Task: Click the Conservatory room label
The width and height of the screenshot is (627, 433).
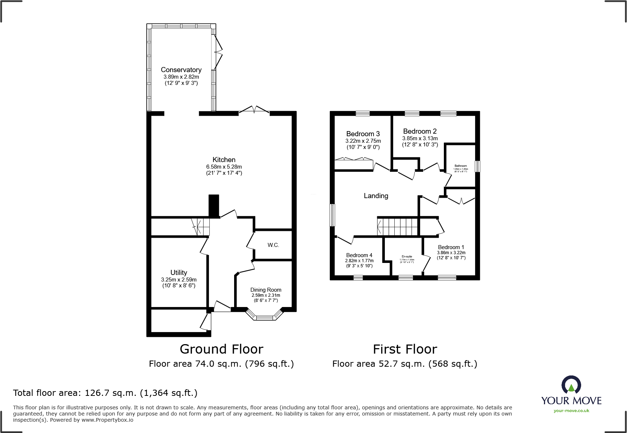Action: click(181, 70)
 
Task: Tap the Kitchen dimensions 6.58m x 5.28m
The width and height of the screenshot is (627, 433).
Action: click(224, 167)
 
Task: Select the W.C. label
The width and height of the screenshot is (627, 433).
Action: click(273, 245)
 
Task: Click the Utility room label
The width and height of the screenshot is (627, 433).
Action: click(178, 272)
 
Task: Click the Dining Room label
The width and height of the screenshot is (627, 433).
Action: click(265, 290)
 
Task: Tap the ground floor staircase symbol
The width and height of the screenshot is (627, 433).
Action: click(201, 227)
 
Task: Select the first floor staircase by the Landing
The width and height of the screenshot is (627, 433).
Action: click(397, 227)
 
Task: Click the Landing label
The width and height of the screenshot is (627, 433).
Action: click(376, 196)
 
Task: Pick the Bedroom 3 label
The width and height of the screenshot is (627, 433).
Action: click(363, 134)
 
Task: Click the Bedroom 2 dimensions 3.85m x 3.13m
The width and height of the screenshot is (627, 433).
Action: click(420, 138)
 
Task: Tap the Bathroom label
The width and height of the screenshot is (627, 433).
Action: click(461, 166)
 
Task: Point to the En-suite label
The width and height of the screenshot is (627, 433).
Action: click(407, 256)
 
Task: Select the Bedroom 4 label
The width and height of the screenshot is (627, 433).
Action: click(359, 255)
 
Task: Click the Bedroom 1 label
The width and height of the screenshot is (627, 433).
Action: click(451, 247)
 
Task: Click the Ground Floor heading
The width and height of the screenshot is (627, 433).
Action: click(221, 349)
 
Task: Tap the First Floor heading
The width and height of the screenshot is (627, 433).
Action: click(405, 349)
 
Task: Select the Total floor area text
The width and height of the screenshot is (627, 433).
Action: click(105, 393)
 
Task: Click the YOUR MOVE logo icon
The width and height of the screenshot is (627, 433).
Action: click(571, 385)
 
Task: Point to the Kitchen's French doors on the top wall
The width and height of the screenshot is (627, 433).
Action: click(254, 110)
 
